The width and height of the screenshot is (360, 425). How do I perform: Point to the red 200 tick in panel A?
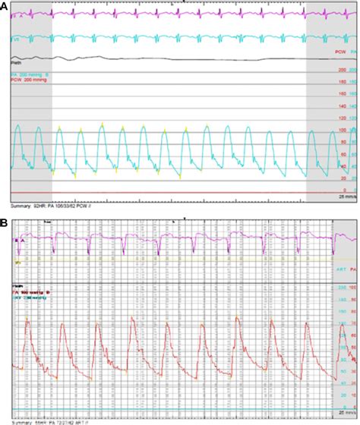342,71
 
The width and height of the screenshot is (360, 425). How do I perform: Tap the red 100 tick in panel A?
342,131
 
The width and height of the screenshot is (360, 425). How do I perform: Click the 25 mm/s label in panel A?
346,197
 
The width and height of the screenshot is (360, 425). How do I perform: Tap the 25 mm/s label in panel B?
346,414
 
